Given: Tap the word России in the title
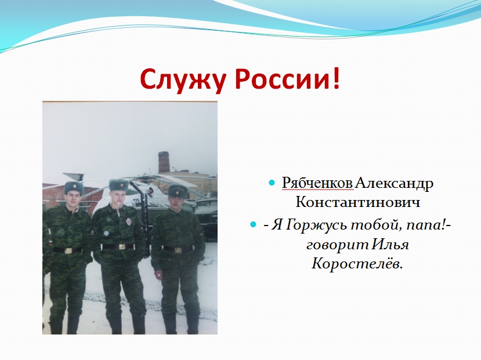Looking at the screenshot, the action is [280, 79].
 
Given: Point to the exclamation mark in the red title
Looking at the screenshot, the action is [336, 78].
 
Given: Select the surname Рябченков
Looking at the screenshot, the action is [317, 183].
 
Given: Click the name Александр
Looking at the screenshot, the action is [395, 183].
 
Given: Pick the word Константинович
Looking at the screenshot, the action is [357, 202].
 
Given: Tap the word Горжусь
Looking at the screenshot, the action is [316, 226].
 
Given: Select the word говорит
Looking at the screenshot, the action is [337, 245].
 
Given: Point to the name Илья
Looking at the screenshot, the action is [390, 245].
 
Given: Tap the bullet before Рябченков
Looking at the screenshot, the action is [272, 183].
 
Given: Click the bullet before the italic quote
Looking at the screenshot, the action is [253, 224].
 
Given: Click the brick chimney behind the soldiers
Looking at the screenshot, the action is [164, 162].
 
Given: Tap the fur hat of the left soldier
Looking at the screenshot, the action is [73, 187].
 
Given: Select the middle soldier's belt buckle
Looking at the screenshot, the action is [122, 246].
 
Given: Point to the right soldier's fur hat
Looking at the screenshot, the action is [178, 191].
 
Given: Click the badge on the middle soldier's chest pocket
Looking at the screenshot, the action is [129, 221].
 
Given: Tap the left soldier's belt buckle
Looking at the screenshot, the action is [68, 250].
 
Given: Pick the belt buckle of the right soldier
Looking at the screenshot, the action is [178, 250].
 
